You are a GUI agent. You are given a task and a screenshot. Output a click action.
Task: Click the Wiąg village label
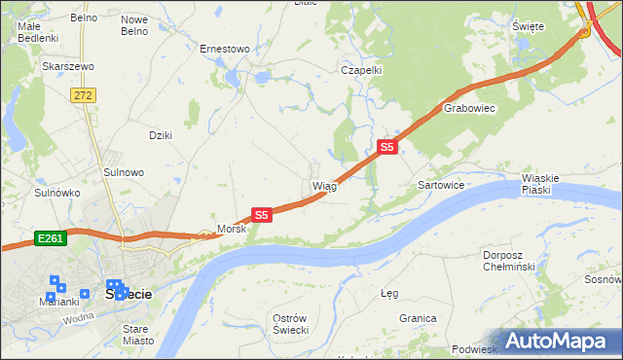[324, 185]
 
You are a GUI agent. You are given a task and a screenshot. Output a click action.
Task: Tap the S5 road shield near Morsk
[261, 214]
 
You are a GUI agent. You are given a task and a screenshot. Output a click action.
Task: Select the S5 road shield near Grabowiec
[386, 147]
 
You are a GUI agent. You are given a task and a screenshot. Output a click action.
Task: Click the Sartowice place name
[441, 184]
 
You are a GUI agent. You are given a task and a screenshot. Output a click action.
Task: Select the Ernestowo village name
[225, 48]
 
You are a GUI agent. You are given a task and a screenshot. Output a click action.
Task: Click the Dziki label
[160, 135]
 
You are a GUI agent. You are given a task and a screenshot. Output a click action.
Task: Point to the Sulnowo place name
[124, 172]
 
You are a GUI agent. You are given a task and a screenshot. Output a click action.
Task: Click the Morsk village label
[232, 229]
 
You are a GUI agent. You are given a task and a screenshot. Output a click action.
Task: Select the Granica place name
[417, 318]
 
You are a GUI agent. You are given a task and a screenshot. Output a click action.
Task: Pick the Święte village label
[527, 26]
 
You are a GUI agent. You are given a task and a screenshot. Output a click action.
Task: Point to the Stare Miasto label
[135, 335]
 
